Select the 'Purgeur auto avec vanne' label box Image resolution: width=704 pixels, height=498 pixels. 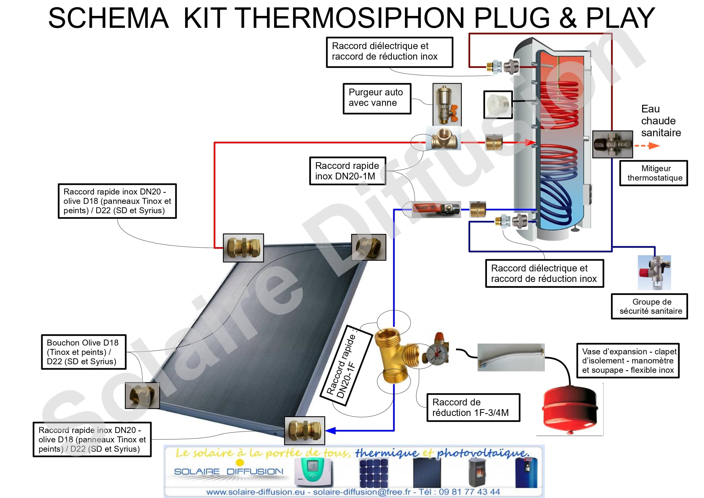(x=377, y=98)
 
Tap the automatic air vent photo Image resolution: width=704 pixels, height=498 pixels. (x=447, y=104)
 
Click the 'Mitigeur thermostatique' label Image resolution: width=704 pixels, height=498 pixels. (x=653, y=173)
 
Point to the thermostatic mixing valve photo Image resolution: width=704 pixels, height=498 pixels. (x=612, y=144)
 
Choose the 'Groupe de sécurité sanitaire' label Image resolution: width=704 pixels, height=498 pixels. (x=649, y=306)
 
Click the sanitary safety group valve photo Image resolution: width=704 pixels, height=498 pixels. (x=654, y=273)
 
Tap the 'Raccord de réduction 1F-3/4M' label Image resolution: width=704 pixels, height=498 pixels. (x=473, y=407)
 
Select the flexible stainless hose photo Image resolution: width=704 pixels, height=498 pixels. (x=511, y=357)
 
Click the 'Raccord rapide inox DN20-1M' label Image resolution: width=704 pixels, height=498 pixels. (x=347, y=171)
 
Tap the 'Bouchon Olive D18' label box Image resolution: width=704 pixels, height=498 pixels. (x=84, y=351)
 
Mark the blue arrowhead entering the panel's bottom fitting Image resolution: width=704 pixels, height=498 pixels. (x=330, y=430)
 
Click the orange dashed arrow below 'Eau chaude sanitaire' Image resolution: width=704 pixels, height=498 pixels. (x=647, y=146)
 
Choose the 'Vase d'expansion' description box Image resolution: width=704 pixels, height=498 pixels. (x=628, y=361)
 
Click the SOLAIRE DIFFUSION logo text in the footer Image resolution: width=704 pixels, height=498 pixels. (x=228, y=471)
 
